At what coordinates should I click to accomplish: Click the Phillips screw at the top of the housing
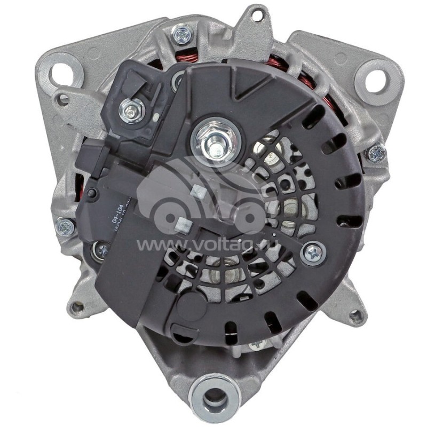point(181,35)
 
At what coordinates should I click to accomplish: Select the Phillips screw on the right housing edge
point(376,154)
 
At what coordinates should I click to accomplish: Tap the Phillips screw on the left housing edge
point(65,227)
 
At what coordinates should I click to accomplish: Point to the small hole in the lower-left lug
point(78,307)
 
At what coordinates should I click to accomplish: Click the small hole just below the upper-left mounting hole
point(63,100)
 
